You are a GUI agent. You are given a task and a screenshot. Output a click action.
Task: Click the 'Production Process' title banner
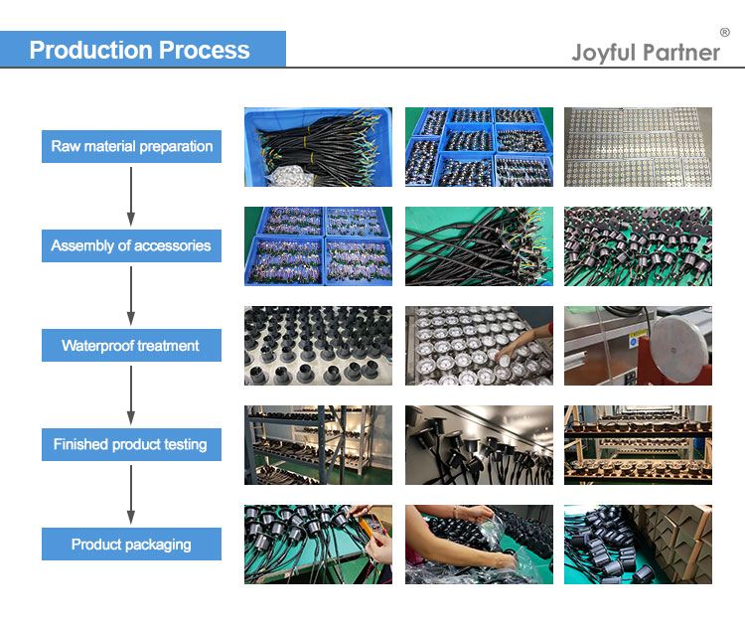(x=142, y=49)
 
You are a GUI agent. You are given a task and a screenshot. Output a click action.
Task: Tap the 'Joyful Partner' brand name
(x=646, y=53)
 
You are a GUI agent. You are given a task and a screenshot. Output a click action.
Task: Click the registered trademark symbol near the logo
(x=724, y=33)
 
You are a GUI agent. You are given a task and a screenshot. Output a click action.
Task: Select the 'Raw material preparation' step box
(x=131, y=146)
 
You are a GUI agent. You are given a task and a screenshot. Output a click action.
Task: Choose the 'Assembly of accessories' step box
(x=131, y=245)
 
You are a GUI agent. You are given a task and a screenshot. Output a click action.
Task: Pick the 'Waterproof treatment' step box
(x=131, y=345)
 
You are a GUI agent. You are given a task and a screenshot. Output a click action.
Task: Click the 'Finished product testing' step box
(x=131, y=444)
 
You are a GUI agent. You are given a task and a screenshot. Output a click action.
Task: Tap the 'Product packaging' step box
(x=131, y=544)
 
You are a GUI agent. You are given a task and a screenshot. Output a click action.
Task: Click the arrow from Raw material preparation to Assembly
(x=131, y=197)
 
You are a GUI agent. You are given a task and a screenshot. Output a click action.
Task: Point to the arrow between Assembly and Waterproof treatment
(x=131, y=296)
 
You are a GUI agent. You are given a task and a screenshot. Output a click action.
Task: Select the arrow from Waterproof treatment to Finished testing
(x=131, y=395)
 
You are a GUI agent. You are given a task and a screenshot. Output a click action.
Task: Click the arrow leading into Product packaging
(x=131, y=495)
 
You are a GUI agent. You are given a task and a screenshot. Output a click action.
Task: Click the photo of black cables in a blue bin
(x=318, y=147)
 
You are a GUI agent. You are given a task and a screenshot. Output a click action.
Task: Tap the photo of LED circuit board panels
(x=638, y=147)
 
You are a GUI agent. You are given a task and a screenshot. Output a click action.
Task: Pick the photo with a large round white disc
(x=638, y=346)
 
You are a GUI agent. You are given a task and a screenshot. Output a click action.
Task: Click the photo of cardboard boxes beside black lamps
(x=638, y=545)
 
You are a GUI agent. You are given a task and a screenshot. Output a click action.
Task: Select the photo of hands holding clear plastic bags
(x=479, y=545)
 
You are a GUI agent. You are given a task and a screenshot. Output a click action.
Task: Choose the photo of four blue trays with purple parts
(x=318, y=246)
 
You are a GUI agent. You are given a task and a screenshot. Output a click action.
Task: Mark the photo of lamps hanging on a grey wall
(x=479, y=445)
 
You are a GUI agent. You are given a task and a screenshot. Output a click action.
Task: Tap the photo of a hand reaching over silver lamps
(x=479, y=346)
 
